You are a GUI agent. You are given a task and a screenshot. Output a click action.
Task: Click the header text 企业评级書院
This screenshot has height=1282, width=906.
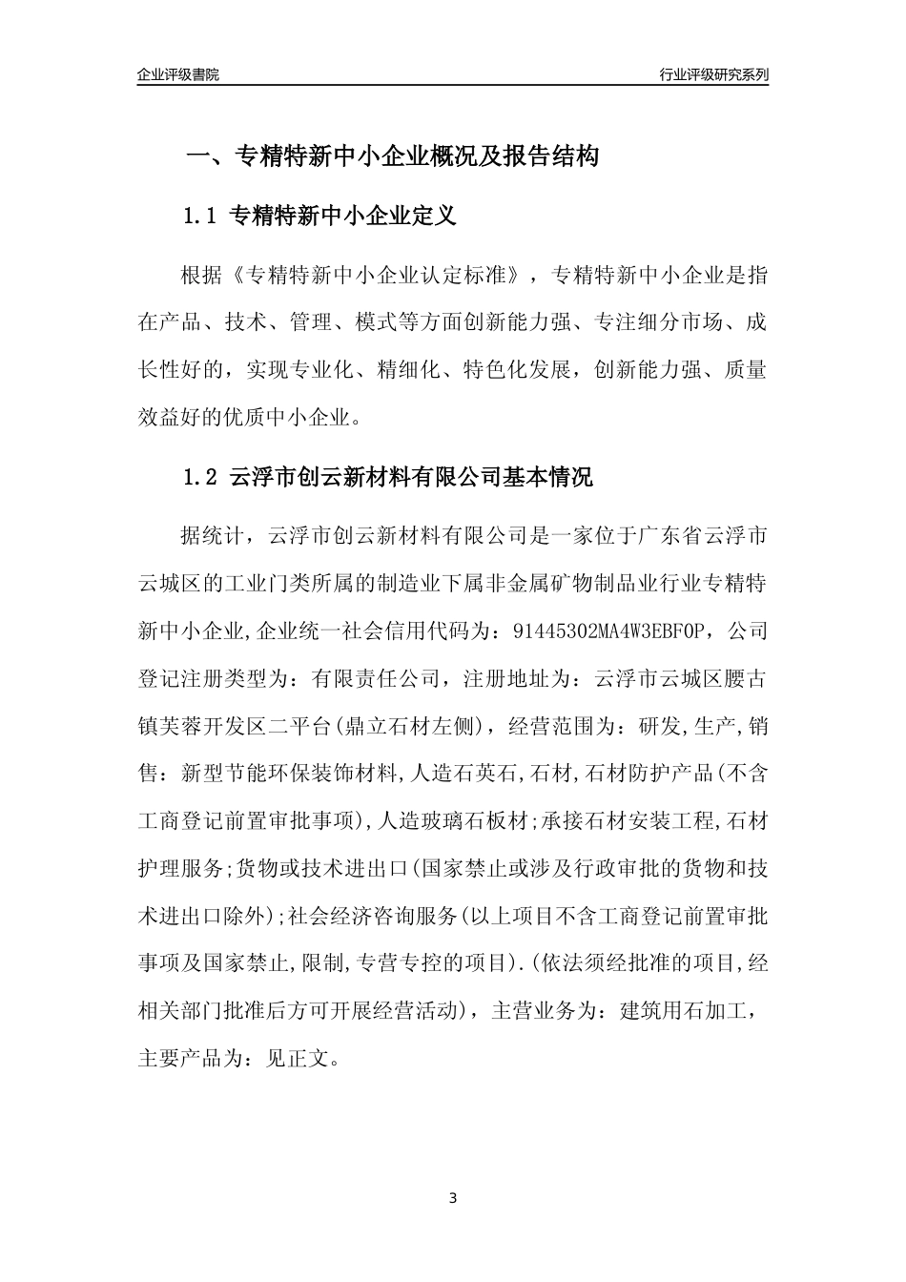pyautogui.click(x=178, y=74)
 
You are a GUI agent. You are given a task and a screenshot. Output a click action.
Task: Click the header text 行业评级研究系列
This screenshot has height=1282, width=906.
pyautogui.click(x=713, y=74)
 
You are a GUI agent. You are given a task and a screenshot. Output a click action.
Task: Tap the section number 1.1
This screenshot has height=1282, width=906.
pyautogui.click(x=200, y=217)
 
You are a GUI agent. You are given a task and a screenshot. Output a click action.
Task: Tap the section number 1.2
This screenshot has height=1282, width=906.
pyautogui.click(x=200, y=477)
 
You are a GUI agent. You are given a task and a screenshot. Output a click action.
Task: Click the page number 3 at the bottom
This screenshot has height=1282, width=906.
pyautogui.click(x=453, y=1198)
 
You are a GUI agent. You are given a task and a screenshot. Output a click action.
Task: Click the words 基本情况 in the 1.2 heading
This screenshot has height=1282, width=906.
pyautogui.click(x=547, y=477)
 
